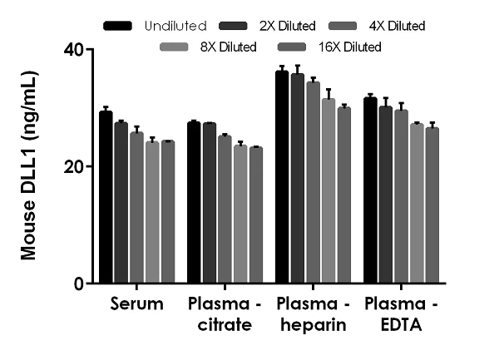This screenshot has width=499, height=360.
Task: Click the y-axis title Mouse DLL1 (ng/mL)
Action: click(29, 166)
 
